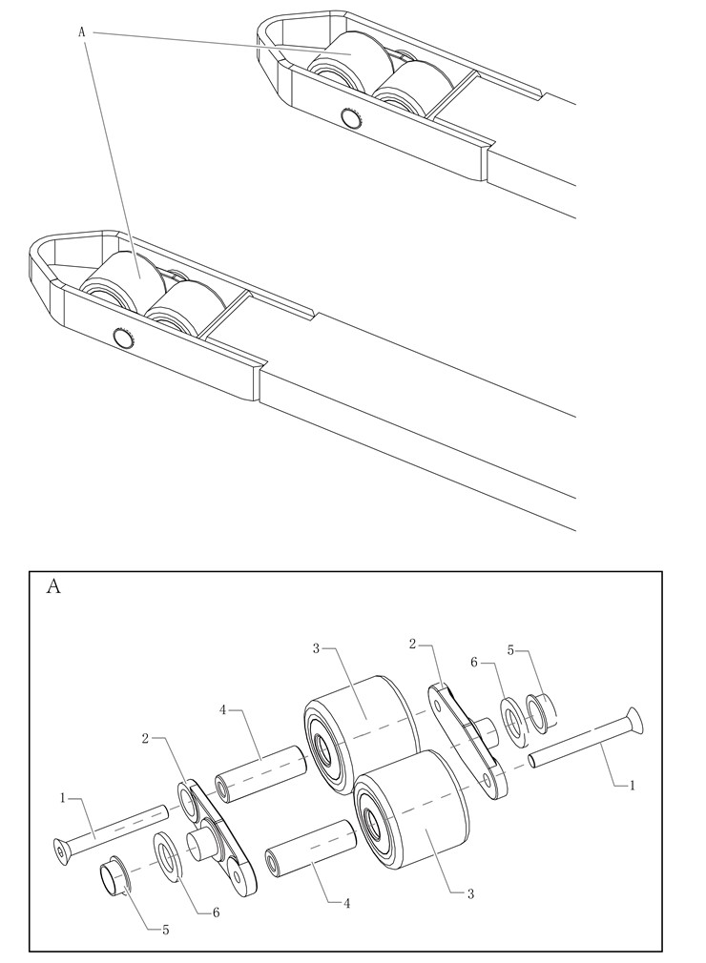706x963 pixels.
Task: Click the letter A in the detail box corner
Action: coord(53,586)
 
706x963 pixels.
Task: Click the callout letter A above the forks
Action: coord(82,32)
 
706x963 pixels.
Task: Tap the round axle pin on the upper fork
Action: coord(352,118)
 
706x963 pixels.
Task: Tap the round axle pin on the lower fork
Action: coord(122,337)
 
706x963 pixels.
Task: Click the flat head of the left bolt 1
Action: coord(62,847)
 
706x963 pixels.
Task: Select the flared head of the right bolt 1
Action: coord(634,721)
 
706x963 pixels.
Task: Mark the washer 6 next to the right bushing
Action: coord(512,721)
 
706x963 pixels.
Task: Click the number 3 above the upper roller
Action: coord(316,648)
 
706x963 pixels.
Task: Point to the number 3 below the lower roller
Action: coord(470,893)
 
